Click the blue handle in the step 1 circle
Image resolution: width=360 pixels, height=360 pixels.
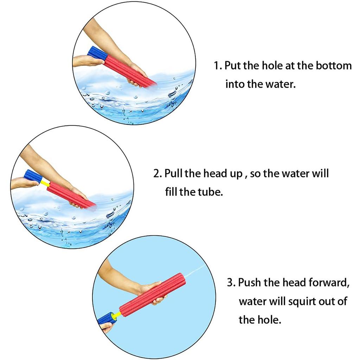[97, 53]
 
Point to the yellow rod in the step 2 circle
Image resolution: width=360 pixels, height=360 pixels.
[45, 183]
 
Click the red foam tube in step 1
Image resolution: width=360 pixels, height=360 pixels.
[129, 71]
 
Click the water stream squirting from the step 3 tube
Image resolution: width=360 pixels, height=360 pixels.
[195, 271]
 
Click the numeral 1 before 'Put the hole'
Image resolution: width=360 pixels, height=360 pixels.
[217, 66]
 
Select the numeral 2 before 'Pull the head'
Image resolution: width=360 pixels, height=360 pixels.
[156, 174]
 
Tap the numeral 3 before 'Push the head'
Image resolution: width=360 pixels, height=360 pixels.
[230, 282]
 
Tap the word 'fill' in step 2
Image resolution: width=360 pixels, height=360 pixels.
[171, 192]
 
